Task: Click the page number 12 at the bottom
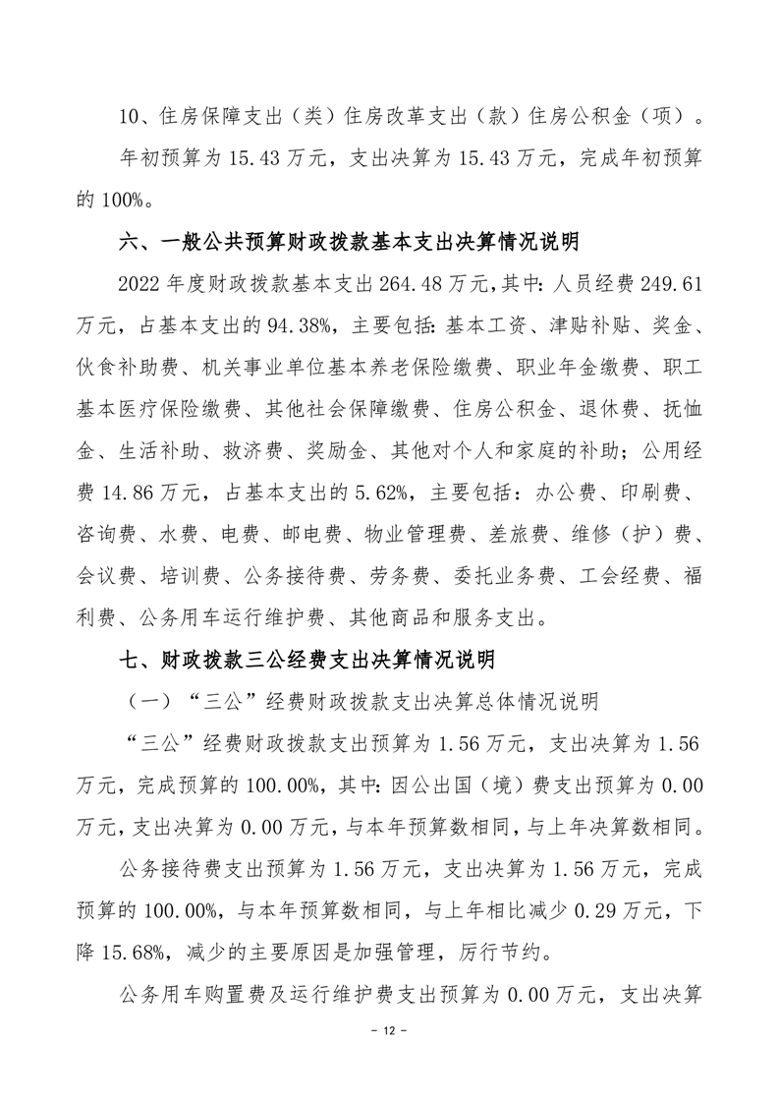(389, 1033)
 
